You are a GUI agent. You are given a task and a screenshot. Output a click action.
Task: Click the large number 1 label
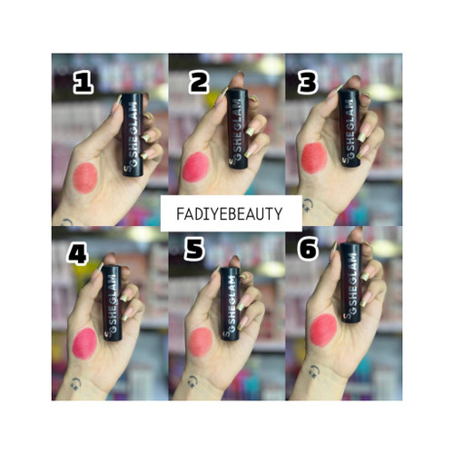[x=84, y=84]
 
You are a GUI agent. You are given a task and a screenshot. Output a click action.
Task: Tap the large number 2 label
[x=199, y=84]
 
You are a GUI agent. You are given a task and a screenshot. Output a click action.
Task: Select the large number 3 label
[x=308, y=83]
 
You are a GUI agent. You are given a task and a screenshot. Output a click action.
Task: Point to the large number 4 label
[x=78, y=255]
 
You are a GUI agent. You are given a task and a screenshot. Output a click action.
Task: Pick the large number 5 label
[x=194, y=250]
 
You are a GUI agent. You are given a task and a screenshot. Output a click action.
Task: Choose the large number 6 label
[x=308, y=249]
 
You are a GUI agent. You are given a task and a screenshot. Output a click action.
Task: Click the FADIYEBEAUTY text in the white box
[x=230, y=213]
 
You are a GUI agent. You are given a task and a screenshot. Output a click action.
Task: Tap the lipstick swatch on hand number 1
[x=85, y=178]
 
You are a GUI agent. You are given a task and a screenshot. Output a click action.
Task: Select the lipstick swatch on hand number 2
[x=196, y=167]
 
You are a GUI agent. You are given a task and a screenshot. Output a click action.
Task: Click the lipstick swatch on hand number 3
[x=314, y=158]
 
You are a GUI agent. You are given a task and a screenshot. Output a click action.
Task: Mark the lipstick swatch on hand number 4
[x=84, y=343]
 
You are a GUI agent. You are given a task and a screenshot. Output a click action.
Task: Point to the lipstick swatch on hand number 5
[x=200, y=342]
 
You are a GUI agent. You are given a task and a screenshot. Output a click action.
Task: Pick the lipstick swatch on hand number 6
[x=323, y=331]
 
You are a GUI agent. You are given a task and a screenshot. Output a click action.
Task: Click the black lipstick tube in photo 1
[x=133, y=134]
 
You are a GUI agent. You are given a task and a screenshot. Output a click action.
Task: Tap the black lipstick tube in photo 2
[x=238, y=129]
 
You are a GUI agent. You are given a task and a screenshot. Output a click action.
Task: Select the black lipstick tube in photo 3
[x=350, y=127]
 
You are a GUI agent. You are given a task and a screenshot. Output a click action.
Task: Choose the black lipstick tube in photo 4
[x=112, y=303]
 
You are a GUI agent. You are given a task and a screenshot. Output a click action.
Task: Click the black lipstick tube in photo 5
[x=230, y=303]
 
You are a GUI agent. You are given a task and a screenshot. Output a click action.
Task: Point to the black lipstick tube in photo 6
[x=351, y=282]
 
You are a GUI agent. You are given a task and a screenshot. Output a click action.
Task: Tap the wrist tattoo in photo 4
[x=75, y=383]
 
